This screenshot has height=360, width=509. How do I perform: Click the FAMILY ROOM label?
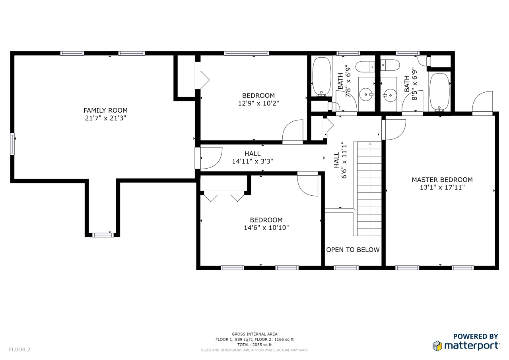click(x=105, y=111)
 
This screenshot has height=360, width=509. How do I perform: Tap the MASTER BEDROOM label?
click(x=442, y=180)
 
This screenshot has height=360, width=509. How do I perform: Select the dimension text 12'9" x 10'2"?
click(x=258, y=103)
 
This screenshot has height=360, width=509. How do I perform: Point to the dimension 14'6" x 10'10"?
click(x=266, y=228)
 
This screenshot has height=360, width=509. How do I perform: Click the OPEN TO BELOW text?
click(x=353, y=250)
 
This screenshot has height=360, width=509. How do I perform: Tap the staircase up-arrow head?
click(x=370, y=144)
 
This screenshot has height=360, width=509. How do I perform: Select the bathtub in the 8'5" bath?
click(x=440, y=92)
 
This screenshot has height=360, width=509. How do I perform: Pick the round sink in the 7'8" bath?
click(x=366, y=94)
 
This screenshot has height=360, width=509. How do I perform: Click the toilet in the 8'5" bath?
click(x=390, y=65)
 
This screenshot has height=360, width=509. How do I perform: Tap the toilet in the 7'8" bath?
click(x=365, y=67)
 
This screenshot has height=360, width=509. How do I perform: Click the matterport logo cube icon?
click(x=437, y=346)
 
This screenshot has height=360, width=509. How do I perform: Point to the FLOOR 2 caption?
click(x=19, y=350)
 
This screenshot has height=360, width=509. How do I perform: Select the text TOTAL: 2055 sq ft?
click(x=254, y=345)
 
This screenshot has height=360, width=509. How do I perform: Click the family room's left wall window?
click(x=12, y=144)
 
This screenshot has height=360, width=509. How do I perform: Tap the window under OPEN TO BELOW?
click(x=346, y=268)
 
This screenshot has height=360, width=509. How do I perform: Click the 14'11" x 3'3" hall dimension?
click(x=253, y=162)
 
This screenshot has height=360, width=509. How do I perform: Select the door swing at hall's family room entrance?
click(x=211, y=158)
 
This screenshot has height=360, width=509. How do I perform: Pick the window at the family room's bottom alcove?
click(x=103, y=235)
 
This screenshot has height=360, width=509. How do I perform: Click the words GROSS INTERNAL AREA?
click(x=254, y=334)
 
